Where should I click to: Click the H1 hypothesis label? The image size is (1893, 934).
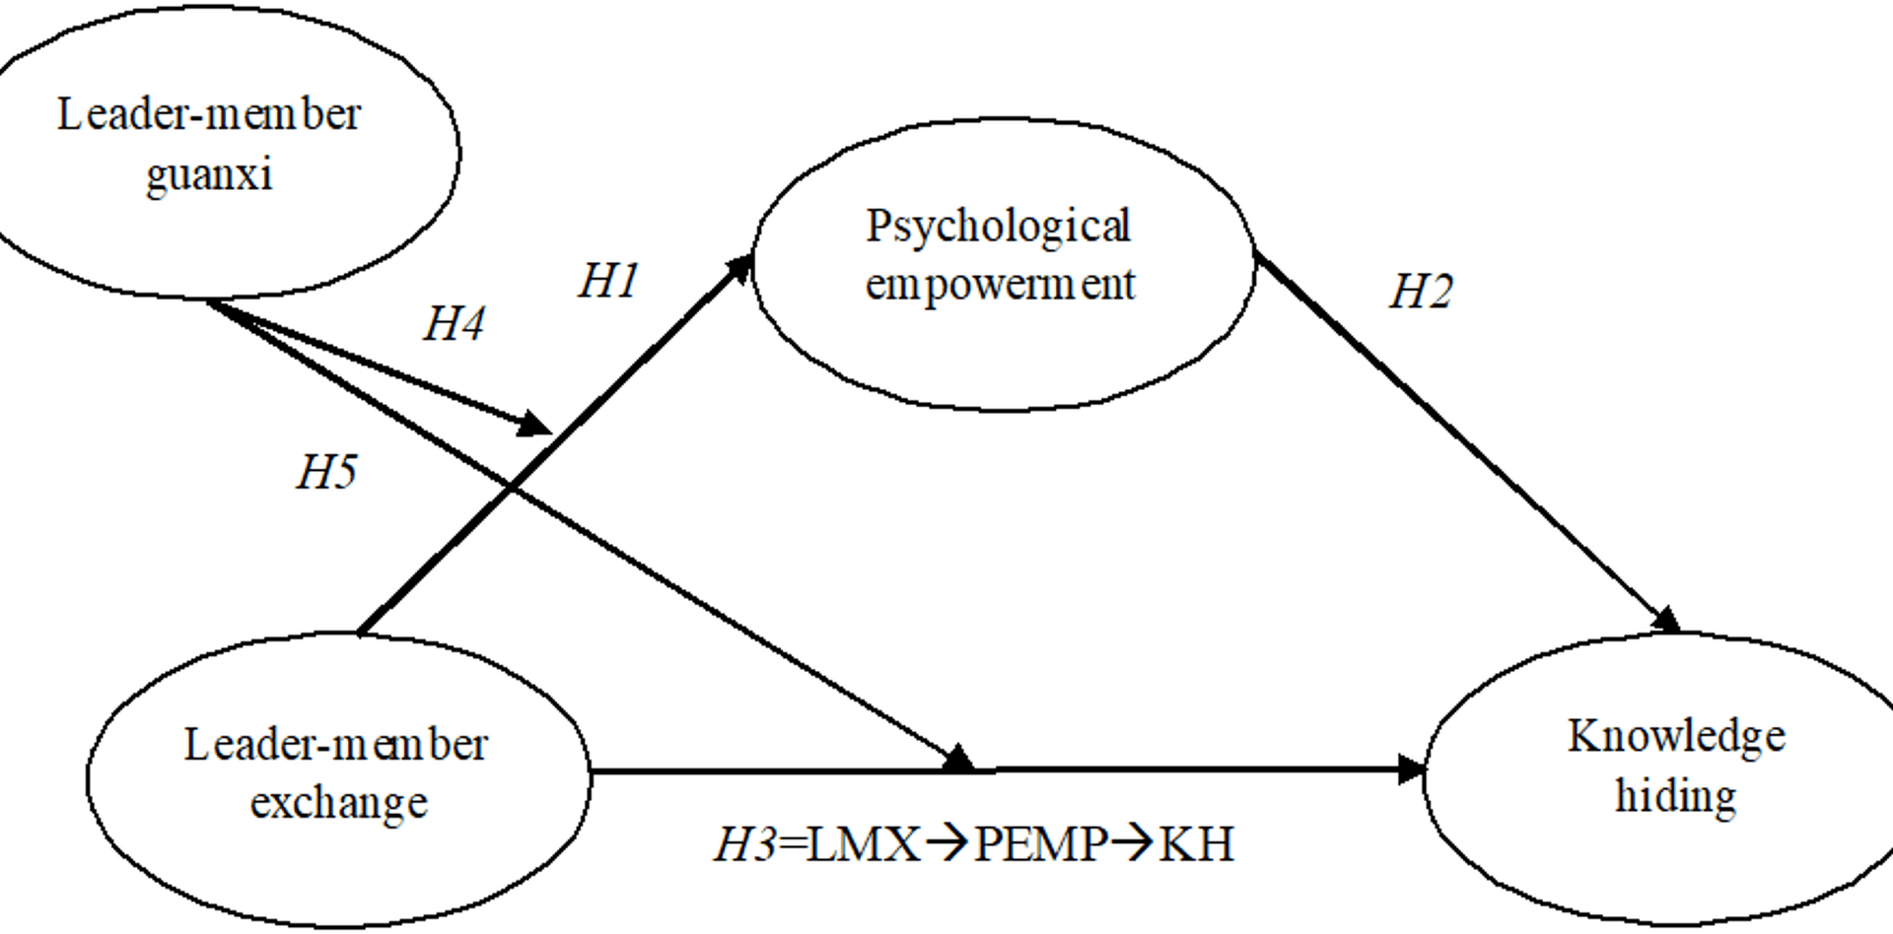(608, 282)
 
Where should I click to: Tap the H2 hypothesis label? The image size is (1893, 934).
(1421, 292)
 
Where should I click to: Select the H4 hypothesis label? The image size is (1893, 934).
(454, 324)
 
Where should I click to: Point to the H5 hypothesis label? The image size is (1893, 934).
(326, 472)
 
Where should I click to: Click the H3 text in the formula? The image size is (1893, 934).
(744, 845)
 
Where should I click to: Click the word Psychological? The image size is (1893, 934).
(998, 228)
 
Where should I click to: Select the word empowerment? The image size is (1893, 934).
(1000, 286)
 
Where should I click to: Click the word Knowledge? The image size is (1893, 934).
(1676, 737)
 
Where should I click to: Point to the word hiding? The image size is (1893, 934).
(1675, 796)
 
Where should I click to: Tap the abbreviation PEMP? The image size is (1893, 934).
(1040, 845)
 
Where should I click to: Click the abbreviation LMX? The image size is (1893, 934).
(864, 845)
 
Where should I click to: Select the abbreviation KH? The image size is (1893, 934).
(1196, 845)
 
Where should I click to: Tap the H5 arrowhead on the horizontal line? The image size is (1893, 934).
(957, 760)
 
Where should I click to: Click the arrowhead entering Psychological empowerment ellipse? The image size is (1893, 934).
(739, 267)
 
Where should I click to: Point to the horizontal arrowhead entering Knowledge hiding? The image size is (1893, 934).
(1412, 769)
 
